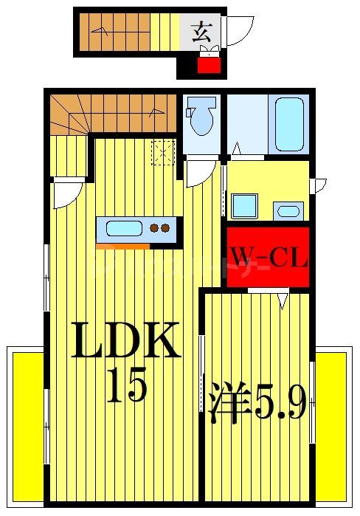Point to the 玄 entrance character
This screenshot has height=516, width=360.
click(x=201, y=32)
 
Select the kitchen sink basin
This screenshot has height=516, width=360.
click(x=123, y=228)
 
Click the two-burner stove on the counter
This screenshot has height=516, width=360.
click(x=160, y=228)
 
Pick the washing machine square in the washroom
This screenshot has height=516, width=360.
click(x=244, y=205)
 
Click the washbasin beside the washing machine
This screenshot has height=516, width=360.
click(x=288, y=211)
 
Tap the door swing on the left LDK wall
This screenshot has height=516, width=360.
click(x=66, y=193)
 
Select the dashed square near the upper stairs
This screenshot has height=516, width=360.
click(x=162, y=152)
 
